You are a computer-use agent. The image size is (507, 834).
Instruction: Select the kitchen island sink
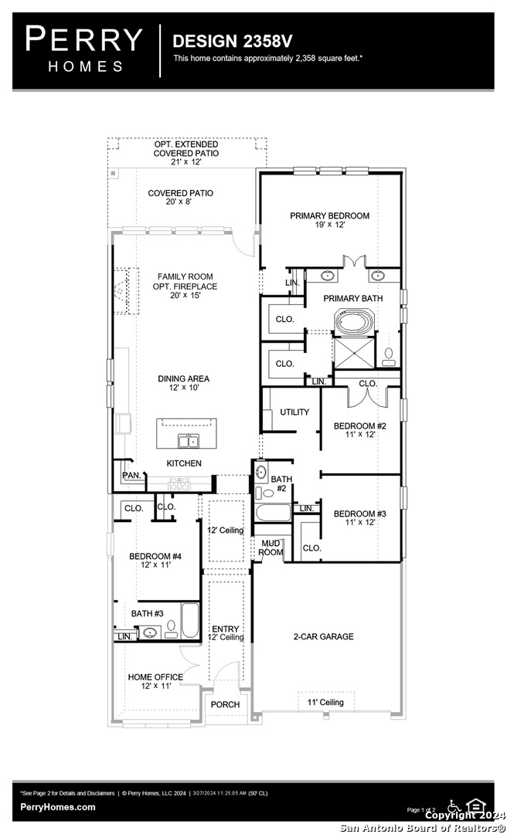pos(187,441)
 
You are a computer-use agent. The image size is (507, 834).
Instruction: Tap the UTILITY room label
pos(294,412)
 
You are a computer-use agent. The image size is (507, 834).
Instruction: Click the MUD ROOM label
pos(271,548)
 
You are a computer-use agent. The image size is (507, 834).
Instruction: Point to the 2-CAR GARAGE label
pos(323,636)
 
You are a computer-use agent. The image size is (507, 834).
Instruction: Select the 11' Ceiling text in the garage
pos(326,702)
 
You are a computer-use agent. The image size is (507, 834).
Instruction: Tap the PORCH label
pos(226,704)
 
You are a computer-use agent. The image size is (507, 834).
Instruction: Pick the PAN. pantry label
pos(131,475)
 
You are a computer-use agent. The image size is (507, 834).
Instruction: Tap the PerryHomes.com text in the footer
pos(59,807)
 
